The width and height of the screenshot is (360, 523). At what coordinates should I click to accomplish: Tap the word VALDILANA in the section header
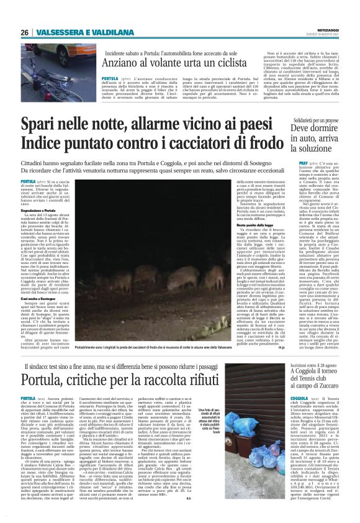(102, 32)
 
